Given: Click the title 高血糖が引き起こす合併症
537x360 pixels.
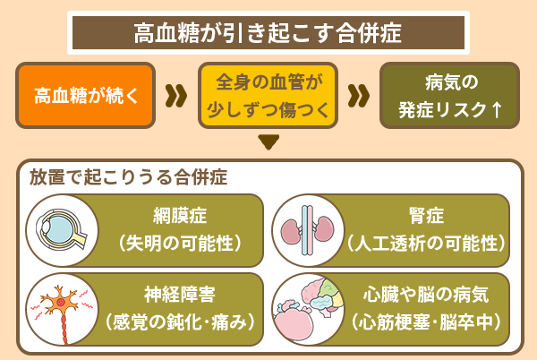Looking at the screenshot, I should tap(268, 34).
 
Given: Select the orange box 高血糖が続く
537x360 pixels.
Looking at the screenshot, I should tap(86, 95).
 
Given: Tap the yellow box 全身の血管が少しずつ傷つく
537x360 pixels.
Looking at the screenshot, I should tap(268, 95).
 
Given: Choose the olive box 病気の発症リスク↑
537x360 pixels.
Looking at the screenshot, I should tap(450, 95).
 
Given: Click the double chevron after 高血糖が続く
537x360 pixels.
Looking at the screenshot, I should tap(177, 95).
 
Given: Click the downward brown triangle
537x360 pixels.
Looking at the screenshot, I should tap(268, 141).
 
